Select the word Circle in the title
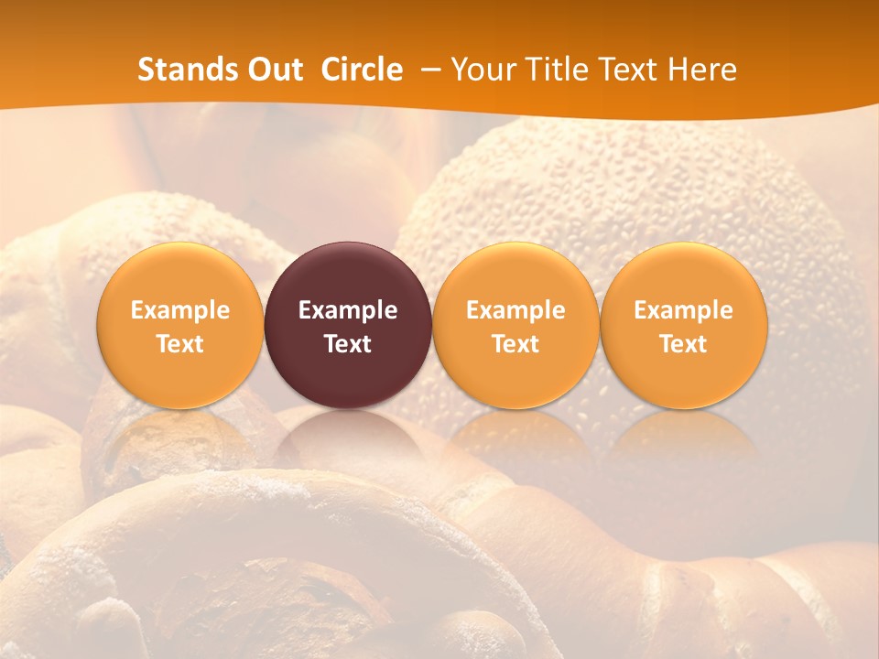click(362, 70)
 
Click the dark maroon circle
click(348, 275)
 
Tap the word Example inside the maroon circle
click(348, 310)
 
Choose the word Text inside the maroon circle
click(348, 344)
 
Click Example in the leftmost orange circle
click(180, 310)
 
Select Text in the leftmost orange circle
click(180, 344)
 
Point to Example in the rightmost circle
click(684, 310)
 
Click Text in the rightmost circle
click(684, 344)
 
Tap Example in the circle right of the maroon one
click(515, 310)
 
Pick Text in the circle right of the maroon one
click(515, 344)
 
